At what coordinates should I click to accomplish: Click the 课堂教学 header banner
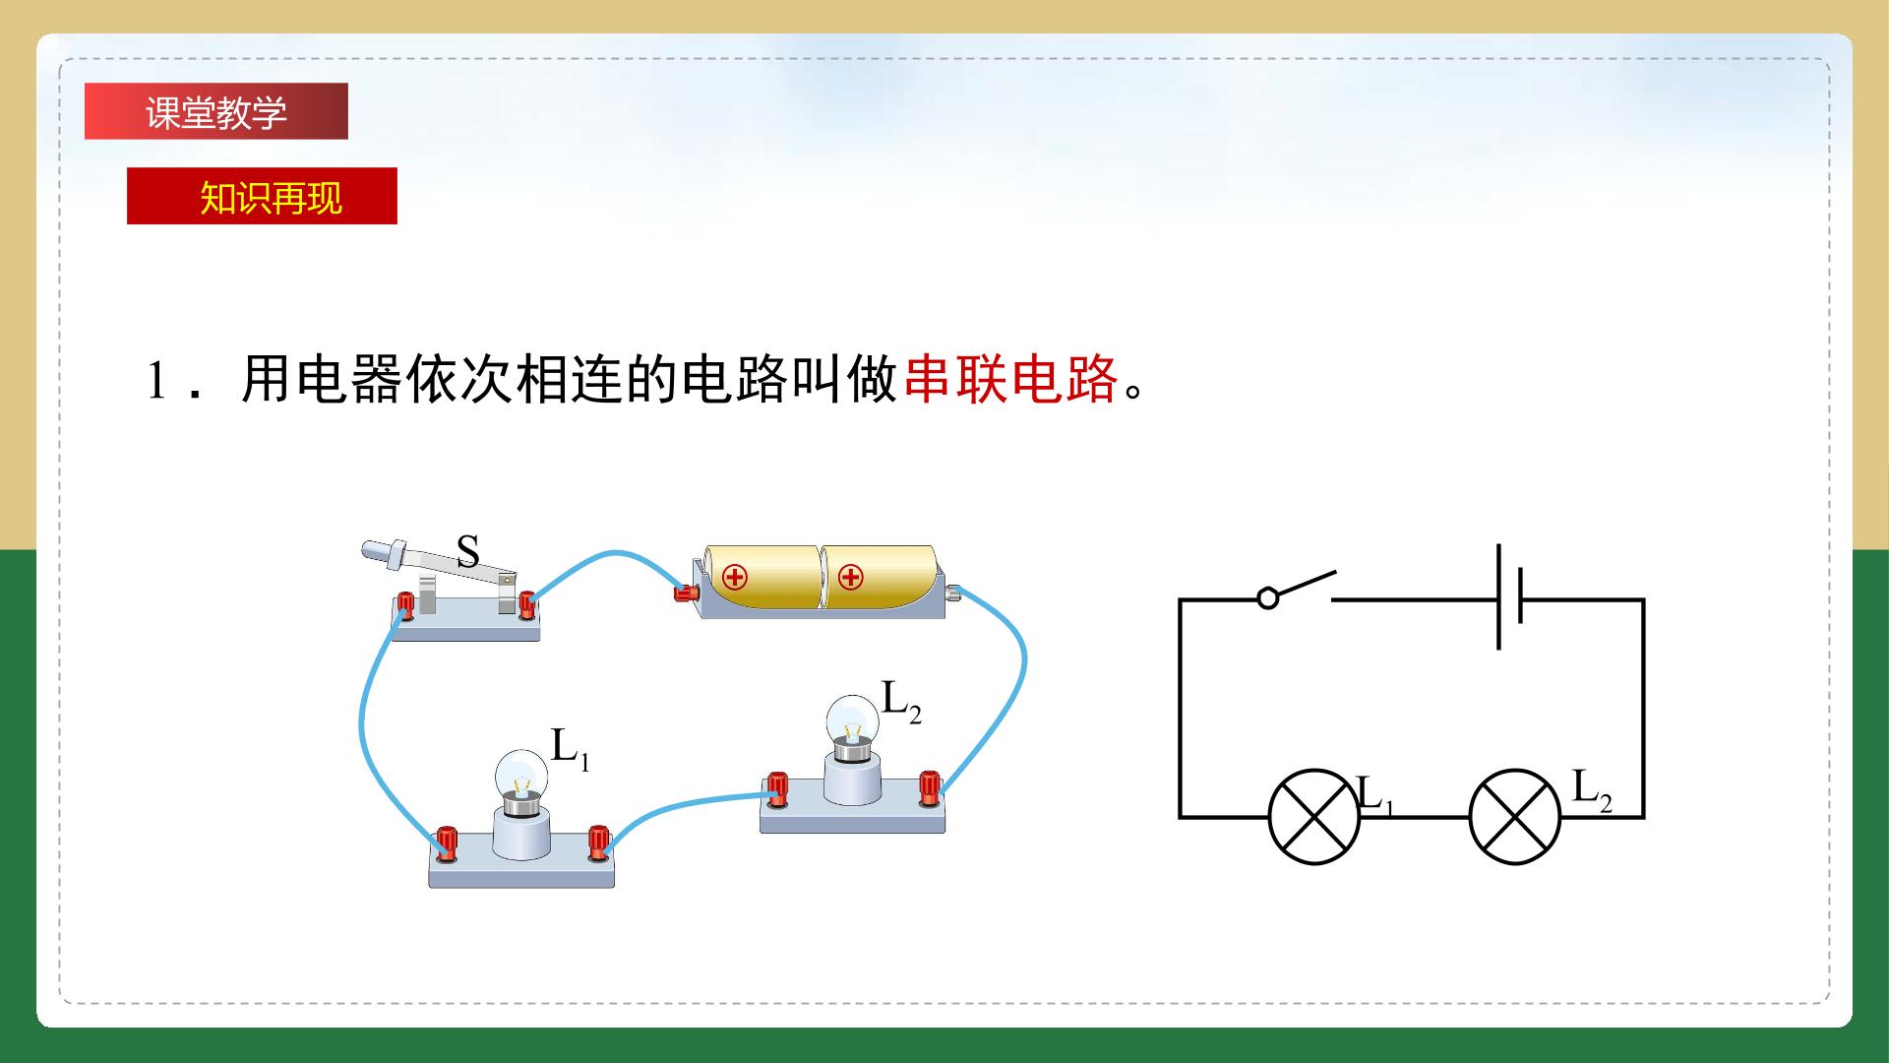216,111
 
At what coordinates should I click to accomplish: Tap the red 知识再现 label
262,196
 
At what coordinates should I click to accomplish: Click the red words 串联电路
1011,379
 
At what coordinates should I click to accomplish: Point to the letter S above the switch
468,552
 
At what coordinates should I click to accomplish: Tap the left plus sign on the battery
735,578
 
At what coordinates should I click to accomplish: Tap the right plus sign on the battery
851,578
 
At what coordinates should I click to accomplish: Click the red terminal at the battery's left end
685,593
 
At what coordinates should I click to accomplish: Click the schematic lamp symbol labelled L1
1314,817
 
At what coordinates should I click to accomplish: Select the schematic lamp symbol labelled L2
1515,817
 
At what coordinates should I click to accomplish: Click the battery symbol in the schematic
1509,596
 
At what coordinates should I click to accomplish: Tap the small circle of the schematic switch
1269,597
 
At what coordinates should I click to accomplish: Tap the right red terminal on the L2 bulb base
929,788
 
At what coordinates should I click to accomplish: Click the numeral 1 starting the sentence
156,380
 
